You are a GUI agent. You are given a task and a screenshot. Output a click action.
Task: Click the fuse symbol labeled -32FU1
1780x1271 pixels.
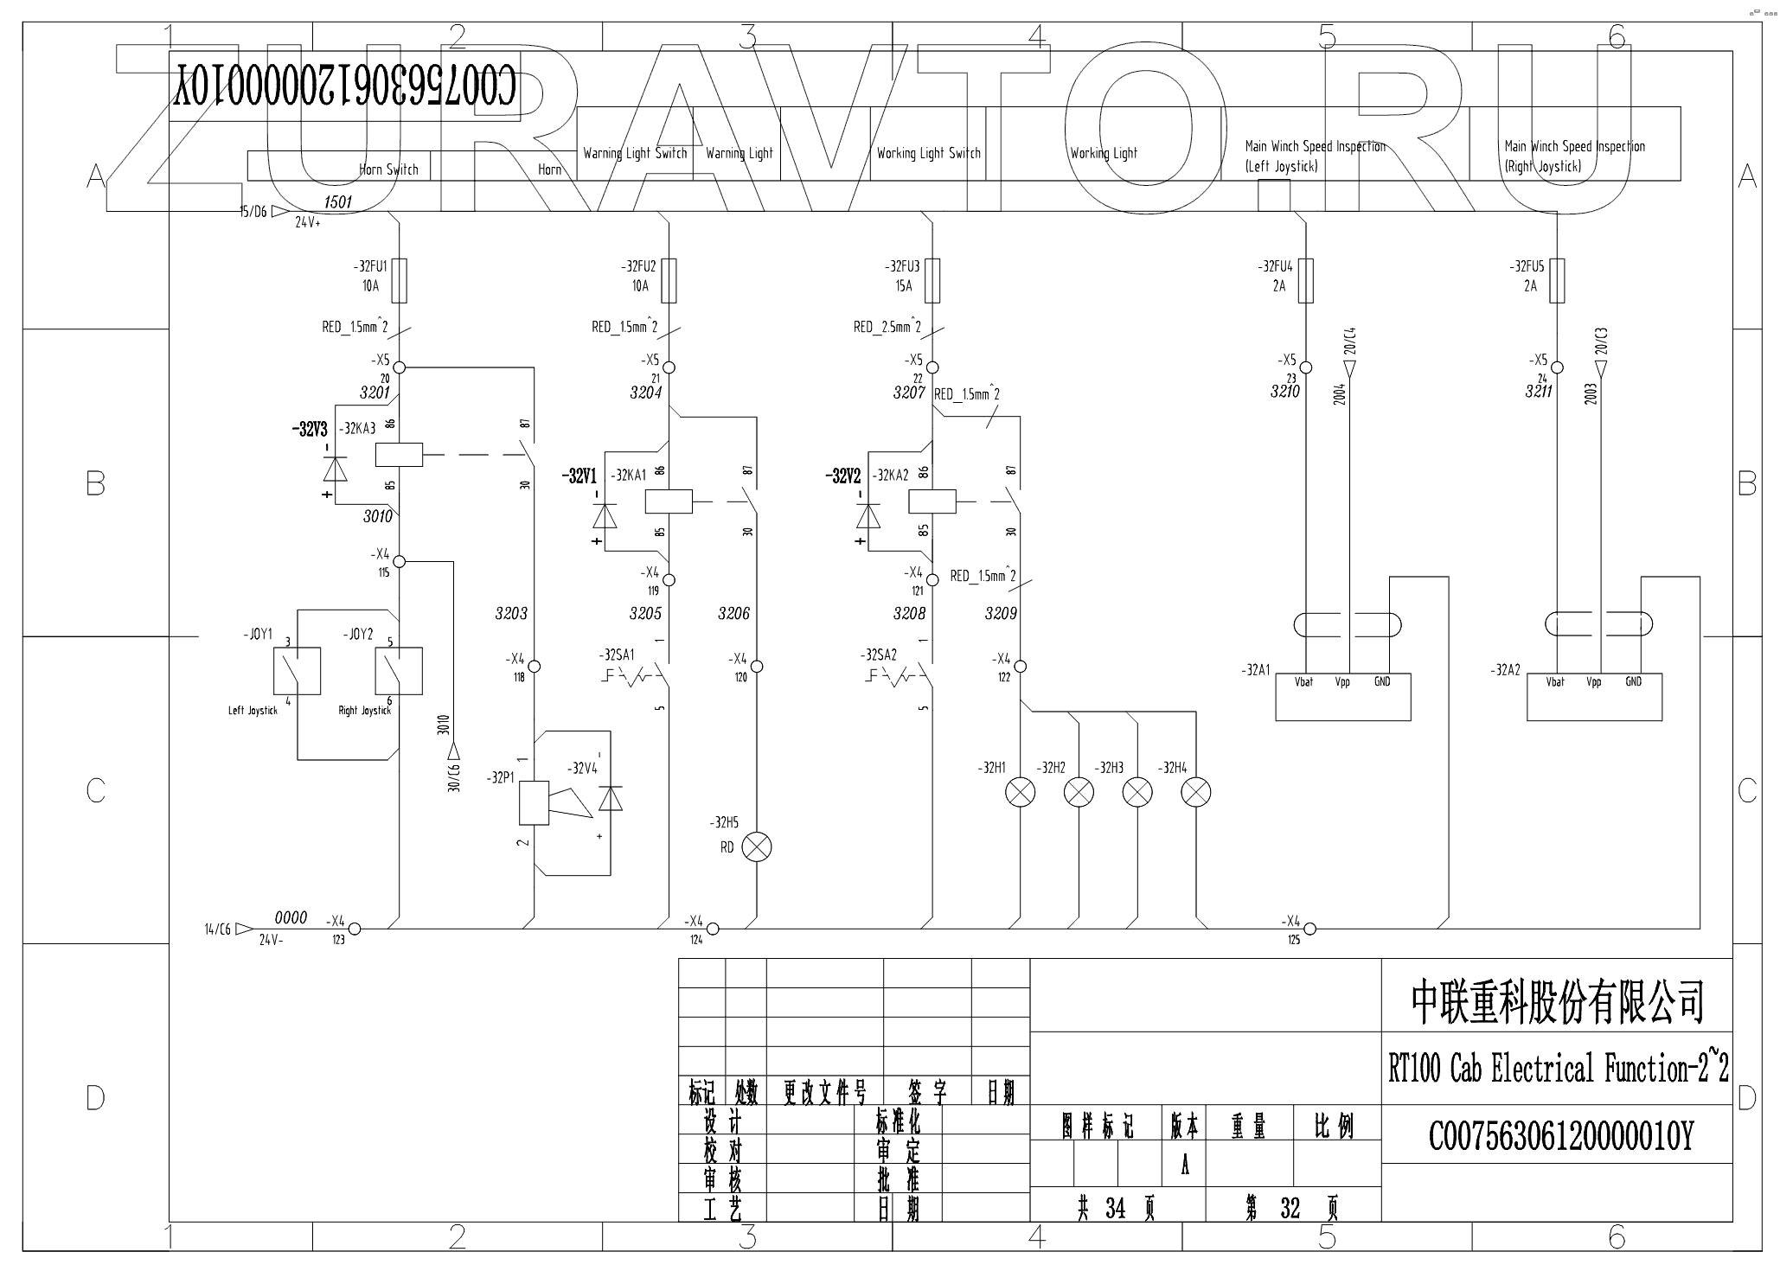coord(399,280)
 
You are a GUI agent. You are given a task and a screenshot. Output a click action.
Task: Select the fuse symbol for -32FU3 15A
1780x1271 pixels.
coord(932,280)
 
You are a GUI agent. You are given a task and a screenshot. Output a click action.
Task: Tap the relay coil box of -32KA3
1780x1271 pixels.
coord(399,454)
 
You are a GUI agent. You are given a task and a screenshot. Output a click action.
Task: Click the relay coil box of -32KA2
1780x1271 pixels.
coord(932,501)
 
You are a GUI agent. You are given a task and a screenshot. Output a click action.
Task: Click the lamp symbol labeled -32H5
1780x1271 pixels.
coord(757,847)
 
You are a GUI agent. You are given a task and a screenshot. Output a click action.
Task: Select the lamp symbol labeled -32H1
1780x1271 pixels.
coord(1021,791)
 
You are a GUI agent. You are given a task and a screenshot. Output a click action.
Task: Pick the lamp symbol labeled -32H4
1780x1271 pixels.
coord(1196,791)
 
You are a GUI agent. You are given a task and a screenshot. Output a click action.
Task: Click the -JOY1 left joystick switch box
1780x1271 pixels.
coord(297,670)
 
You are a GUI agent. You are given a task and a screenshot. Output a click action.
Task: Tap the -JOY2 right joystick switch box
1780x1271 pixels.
coord(399,670)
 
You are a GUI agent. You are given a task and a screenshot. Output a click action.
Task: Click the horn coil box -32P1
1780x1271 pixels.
coord(534,802)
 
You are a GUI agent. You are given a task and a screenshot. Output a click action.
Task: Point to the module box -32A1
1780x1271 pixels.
coord(1343,697)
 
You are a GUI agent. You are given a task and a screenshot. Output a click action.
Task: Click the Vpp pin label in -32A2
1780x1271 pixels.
coord(1593,682)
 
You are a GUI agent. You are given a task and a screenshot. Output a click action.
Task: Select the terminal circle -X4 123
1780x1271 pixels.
coord(354,929)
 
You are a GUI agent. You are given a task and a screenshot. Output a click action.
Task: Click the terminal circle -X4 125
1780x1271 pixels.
coord(1310,929)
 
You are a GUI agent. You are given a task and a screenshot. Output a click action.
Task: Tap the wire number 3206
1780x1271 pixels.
coord(733,613)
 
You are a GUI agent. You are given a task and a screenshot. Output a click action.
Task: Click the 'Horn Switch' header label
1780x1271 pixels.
coord(388,169)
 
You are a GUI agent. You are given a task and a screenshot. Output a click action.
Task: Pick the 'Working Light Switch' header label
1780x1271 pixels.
coord(928,153)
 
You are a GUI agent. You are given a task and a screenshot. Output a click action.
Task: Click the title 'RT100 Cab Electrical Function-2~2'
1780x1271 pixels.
coord(1558,1070)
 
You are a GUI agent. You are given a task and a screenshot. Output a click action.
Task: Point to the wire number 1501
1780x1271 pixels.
coord(337,201)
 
